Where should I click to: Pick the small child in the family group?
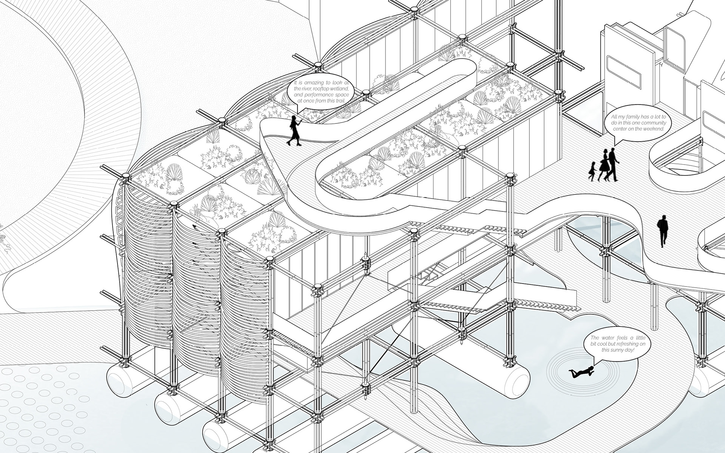click(x=592, y=171)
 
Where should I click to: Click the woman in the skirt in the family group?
click(x=604, y=165)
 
